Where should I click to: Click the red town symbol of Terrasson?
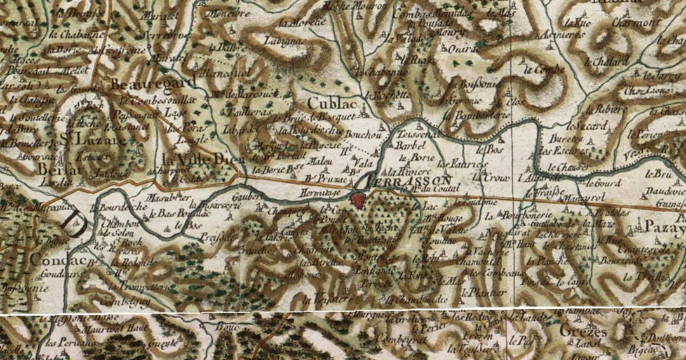point(360,201)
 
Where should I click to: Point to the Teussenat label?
point(419,135)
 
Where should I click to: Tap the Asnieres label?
point(559,34)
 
